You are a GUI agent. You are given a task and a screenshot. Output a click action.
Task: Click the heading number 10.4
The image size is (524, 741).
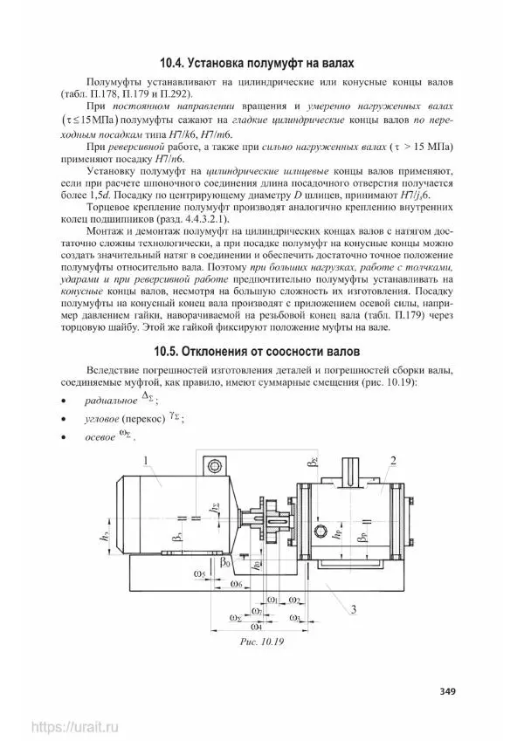click(x=175, y=63)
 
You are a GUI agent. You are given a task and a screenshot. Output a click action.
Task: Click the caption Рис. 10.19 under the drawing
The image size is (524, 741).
click(x=262, y=642)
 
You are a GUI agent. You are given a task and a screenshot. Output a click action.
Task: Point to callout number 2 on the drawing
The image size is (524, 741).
click(x=394, y=461)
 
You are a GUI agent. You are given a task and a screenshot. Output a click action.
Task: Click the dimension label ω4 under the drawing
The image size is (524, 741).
click(x=256, y=626)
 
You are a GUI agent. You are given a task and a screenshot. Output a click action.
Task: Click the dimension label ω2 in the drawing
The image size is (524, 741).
click(x=295, y=600)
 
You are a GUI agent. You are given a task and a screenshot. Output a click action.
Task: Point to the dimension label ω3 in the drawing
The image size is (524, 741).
click(x=295, y=617)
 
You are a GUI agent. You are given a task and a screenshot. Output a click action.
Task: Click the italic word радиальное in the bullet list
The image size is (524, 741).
click(x=111, y=401)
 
